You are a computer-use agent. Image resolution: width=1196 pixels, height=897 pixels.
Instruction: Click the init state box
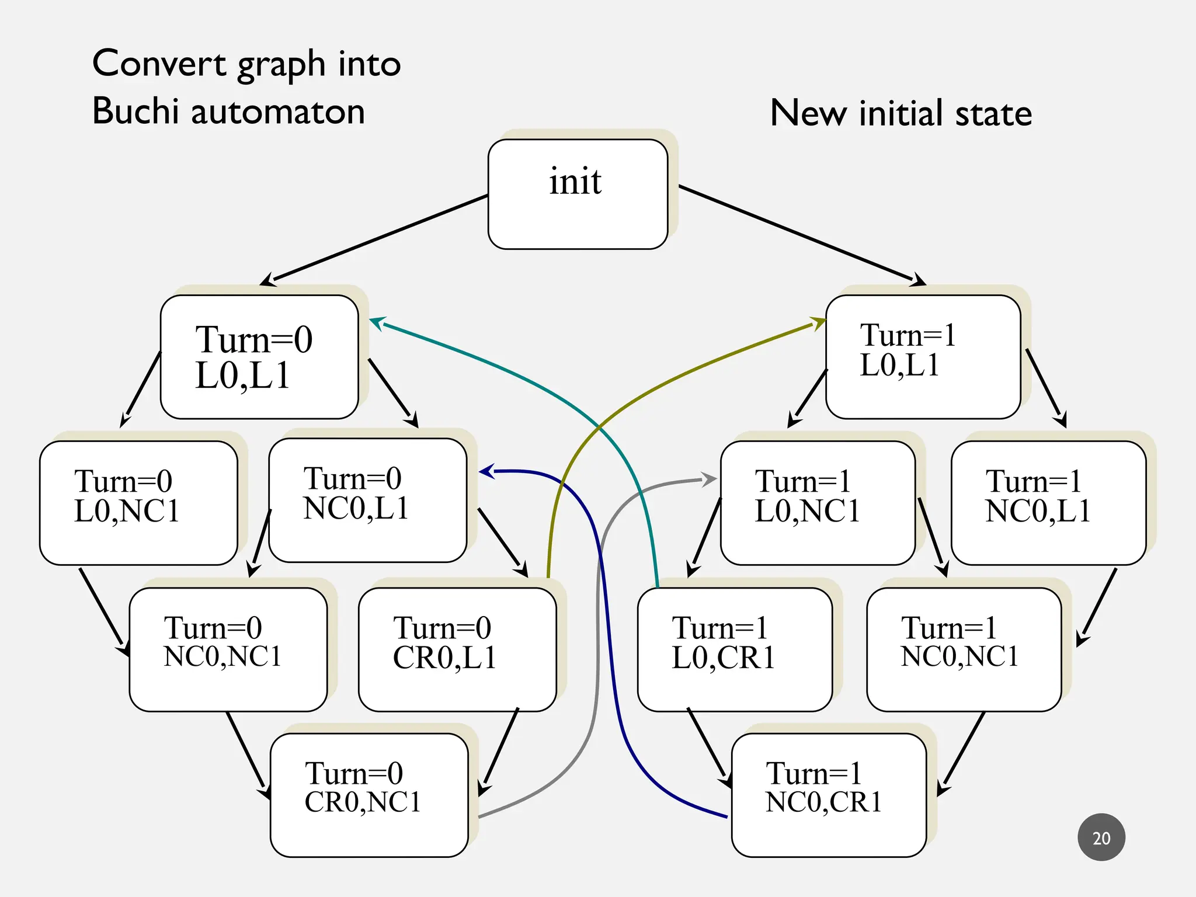point(578,194)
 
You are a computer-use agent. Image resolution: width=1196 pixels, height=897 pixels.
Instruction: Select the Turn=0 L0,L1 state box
point(259,357)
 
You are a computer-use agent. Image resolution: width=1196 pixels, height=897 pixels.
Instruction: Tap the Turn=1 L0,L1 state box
point(923,357)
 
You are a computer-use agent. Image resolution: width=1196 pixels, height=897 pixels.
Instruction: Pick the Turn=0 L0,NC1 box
point(138,503)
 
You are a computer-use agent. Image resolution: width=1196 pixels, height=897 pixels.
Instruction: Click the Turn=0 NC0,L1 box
point(368,500)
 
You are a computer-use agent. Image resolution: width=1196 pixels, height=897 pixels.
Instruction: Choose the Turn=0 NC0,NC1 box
point(228,649)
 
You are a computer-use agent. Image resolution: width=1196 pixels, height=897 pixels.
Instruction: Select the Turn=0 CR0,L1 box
point(457,649)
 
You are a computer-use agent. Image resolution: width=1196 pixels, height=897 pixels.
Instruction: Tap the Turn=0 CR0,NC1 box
point(369,795)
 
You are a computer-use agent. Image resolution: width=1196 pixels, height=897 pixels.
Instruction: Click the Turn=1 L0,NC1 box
point(818,503)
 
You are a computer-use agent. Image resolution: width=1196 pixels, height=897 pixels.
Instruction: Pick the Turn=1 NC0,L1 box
point(1048,503)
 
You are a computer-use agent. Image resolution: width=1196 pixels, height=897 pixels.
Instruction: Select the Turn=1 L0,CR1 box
point(735,649)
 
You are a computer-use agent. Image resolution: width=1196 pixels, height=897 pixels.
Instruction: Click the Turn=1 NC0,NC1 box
point(964,649)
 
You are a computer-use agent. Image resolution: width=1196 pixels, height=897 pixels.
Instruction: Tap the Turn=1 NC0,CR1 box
point(829,795)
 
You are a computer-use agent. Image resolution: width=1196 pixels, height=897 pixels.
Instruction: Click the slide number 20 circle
point(1101,837)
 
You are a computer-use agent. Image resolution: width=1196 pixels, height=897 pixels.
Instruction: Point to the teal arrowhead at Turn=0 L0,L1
point(377,322)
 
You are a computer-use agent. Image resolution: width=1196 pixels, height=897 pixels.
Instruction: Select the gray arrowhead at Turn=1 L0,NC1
point(710,479)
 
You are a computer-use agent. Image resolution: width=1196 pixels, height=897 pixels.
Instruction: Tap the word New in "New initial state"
point(808,113)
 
